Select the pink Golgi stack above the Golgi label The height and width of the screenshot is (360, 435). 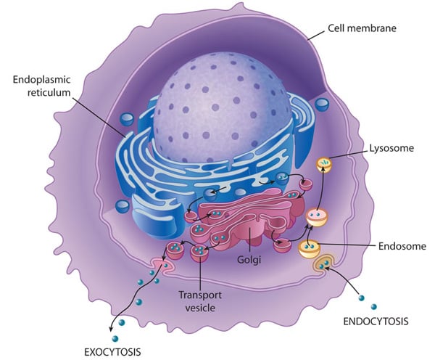tap(250, 225)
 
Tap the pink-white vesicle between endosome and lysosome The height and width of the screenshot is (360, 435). tap(317, 216)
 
